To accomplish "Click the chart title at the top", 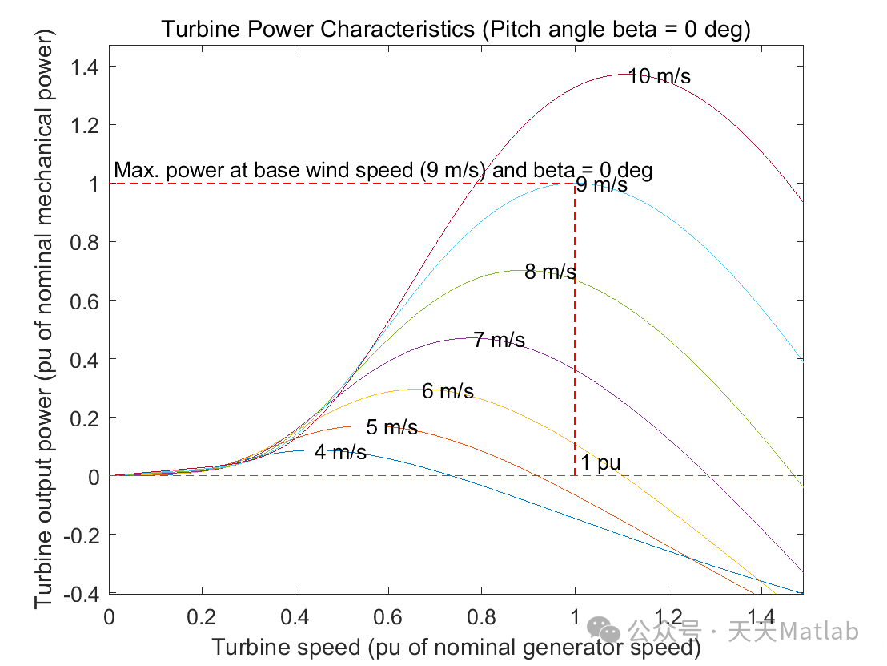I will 456,30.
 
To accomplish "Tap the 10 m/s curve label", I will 659,77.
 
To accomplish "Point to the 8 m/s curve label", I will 550,272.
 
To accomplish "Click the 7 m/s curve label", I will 499,341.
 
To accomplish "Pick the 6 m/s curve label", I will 448,392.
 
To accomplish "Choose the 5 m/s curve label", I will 391,428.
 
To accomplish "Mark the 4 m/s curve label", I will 340,453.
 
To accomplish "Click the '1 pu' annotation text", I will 600,463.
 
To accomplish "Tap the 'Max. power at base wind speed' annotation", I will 383,170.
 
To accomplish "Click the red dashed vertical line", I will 575,337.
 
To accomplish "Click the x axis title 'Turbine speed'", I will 456,647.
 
